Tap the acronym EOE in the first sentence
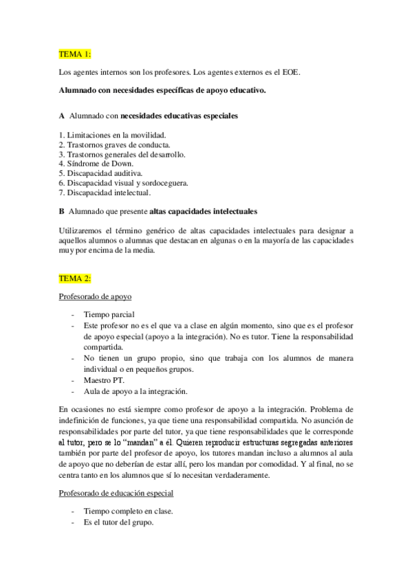click(x=305, y=71)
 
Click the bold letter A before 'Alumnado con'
click(x=62, y=116)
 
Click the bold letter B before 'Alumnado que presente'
click(x=62, y=210)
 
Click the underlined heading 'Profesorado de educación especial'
click(x=116, y=493)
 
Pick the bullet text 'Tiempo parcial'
click(x=109, y=314)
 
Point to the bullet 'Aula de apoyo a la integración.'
click(x=135, y=391)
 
